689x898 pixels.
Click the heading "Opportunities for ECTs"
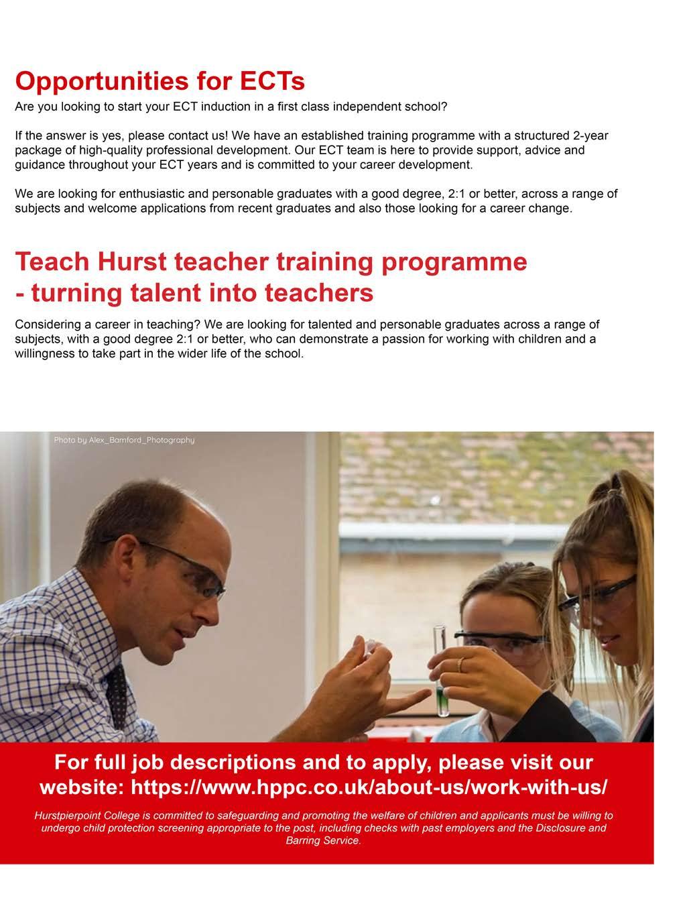coord(160,81)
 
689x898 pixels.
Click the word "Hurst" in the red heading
coord(133,262)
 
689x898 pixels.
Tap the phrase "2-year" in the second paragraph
coord(588,135)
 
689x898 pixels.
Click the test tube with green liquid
coord(441,671)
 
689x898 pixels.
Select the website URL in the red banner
coord(369,787)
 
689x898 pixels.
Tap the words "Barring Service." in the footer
coord(324,840)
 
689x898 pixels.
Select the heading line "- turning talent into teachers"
coord(194,293)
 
